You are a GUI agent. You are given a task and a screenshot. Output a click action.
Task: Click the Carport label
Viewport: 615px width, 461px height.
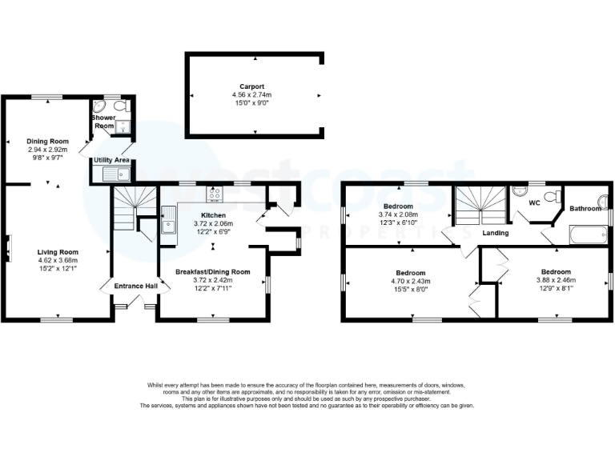[x=252, y=86]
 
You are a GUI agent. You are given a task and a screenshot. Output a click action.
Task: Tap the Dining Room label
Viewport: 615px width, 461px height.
[x=45, y=141]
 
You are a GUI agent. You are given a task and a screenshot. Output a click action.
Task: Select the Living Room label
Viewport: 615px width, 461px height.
[x=57, y=252]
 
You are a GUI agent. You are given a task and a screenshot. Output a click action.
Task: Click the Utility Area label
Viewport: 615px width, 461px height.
[x=112, y=161]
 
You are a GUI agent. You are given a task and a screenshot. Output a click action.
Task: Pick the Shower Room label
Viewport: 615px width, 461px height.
[x=104, y=121]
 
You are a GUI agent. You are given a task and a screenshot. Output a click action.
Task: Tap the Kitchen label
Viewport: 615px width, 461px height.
[x=213, y=215]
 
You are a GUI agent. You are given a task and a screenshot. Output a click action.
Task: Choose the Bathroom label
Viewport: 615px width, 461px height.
[x=585, y=209]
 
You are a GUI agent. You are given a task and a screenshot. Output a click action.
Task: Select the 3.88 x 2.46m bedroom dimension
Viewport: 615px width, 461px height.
[x=556, y=281]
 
